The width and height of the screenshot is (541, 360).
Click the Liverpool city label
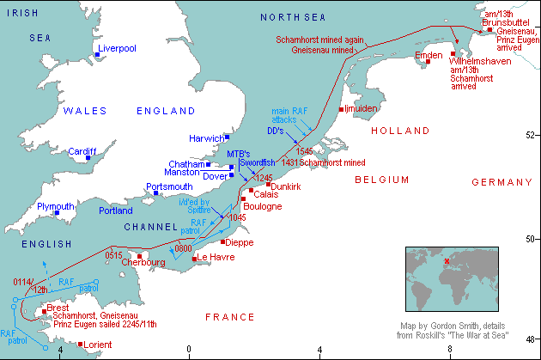point(119,49)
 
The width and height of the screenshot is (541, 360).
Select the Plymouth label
point(56,207)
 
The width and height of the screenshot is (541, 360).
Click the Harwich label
point(205,137)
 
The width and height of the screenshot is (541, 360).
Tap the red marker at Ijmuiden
point(342,110)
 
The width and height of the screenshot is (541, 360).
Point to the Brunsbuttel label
point(507,21)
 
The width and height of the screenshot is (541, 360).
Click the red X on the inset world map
point(447,262)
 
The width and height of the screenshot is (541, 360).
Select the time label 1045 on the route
point(239,218)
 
